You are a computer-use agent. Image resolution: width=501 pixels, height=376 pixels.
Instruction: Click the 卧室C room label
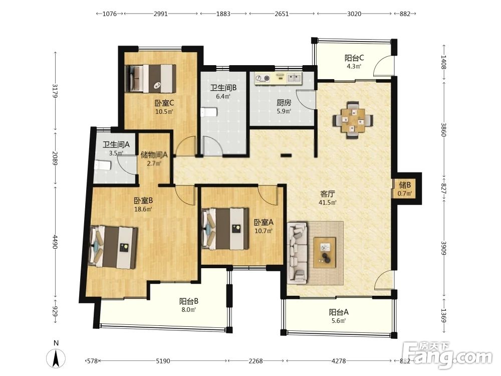coord(164,103)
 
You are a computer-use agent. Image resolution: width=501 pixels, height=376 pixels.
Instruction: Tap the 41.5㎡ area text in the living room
coord(328,203)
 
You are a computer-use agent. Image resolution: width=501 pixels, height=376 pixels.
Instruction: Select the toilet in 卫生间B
coord(209,112)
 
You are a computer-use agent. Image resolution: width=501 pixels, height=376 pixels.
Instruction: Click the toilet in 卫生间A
coord(103,165)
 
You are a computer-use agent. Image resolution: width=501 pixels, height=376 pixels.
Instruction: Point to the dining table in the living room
coord(352,120)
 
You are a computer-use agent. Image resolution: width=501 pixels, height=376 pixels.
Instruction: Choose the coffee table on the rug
coord(325,252)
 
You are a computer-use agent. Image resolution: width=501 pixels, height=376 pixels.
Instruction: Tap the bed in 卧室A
coord(225,228)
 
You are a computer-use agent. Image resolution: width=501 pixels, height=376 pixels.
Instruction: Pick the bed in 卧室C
coord(150,79)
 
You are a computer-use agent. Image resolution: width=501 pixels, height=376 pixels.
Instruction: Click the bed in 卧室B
coord(113,247)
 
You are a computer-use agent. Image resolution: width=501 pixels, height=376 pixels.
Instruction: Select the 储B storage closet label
coord(404,185)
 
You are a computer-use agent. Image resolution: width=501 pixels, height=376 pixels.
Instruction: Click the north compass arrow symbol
coord(56,358)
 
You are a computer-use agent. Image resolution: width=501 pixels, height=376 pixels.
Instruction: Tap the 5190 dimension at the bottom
coord(163,361)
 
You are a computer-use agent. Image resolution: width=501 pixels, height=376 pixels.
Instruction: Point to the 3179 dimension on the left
coord(55,91)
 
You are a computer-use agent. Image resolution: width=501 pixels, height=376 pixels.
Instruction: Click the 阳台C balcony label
coord(354,58)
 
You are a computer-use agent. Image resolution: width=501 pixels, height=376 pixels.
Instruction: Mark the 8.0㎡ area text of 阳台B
coord(189,309)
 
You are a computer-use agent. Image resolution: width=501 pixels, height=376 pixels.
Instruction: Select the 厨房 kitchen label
coord(284,103)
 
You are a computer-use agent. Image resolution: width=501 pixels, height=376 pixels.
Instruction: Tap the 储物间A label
coord(154,155)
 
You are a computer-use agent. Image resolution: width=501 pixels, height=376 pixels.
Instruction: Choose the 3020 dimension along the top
coord(354,14)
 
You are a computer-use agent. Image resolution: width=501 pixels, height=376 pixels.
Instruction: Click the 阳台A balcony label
coord(339,312)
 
